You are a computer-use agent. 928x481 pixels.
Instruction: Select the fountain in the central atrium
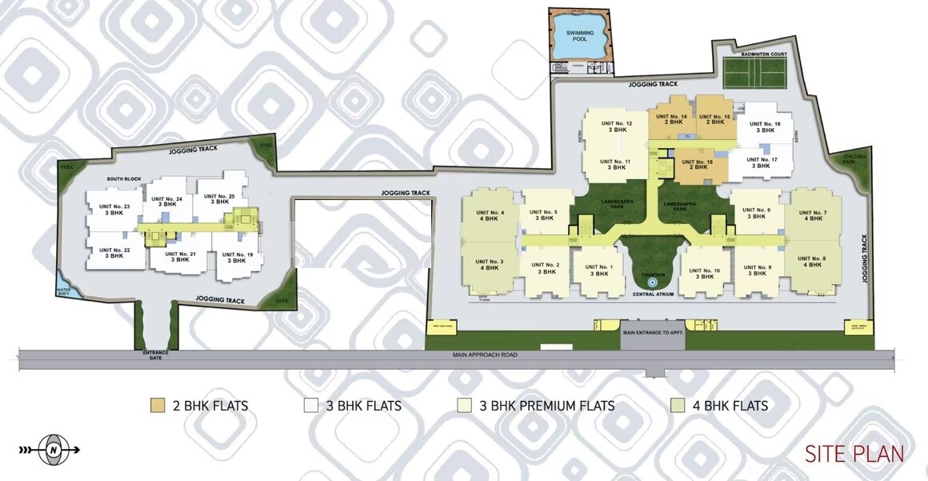pos(652,282)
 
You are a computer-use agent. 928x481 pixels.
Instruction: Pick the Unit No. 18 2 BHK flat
pos(696,165)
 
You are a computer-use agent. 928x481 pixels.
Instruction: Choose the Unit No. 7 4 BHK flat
pos(813,215)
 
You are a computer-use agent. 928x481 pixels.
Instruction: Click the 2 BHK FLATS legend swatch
pos(158,406)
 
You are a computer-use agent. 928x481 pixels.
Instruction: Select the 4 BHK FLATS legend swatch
pos(677,406)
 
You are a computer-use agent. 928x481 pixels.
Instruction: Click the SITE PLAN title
pos(854,454)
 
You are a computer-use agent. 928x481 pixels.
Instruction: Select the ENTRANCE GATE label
pos(154,355)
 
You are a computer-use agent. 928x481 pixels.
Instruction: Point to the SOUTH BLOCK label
pos(124,180)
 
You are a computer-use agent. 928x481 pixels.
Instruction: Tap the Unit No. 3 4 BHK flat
pos(489,265)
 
